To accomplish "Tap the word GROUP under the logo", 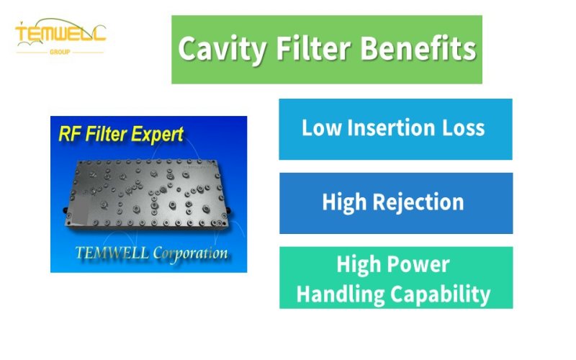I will pyautogui.click(x=60, y=53).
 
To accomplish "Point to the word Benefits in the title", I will pyautogui.click(x=418, y=50).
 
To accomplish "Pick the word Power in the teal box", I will pyautogui.click(x=421, y=264).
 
